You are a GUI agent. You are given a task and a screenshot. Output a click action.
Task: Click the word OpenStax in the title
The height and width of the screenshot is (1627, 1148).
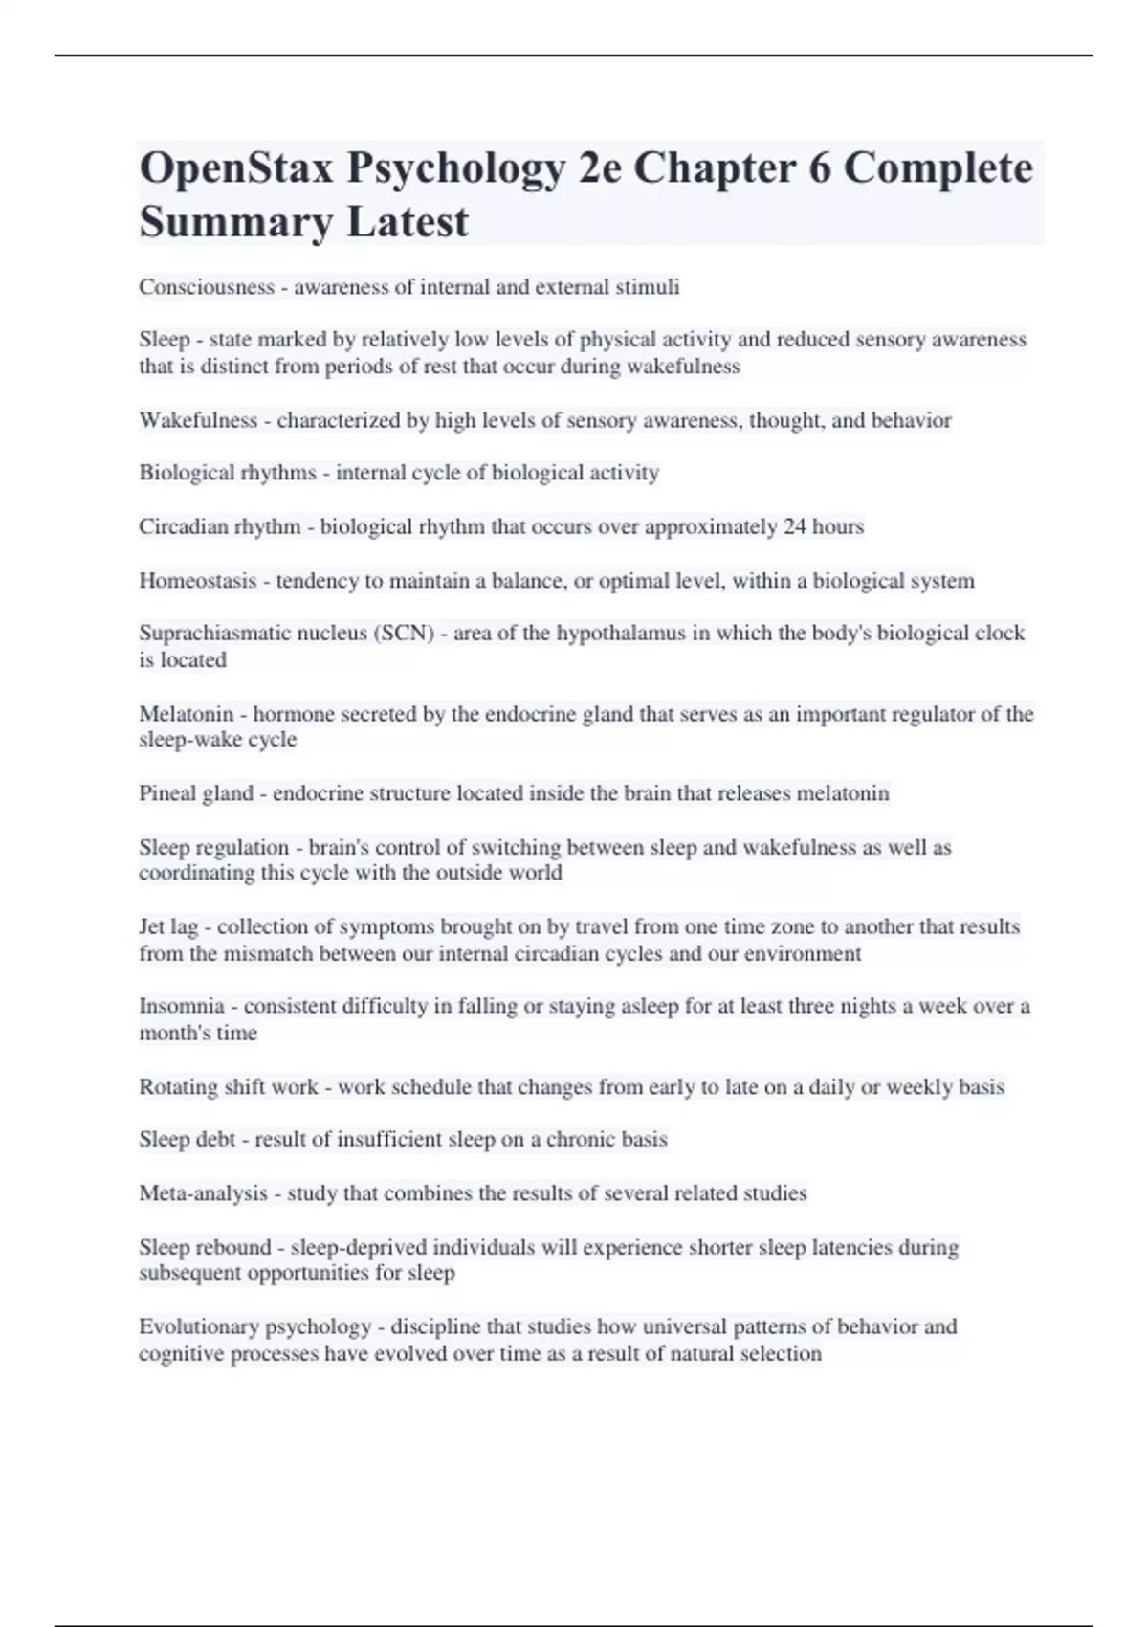236,169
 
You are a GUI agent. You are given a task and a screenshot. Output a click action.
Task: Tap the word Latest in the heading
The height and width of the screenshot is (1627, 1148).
408,223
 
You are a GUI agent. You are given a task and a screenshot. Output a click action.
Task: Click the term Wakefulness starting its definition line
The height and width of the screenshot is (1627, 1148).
198,420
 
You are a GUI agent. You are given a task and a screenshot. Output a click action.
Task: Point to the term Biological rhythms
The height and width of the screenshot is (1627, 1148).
227,473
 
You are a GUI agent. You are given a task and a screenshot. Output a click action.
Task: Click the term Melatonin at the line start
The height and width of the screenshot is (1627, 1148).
186,714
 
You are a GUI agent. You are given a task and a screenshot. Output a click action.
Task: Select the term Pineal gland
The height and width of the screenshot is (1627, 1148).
196,793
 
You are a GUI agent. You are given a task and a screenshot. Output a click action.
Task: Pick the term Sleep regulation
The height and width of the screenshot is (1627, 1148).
213,848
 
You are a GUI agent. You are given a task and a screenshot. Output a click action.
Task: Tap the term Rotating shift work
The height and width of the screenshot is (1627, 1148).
229,1087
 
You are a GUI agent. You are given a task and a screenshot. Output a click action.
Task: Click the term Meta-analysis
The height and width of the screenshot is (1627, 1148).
203,1193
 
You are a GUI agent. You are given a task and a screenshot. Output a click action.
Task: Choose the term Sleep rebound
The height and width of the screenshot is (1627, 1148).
205,1248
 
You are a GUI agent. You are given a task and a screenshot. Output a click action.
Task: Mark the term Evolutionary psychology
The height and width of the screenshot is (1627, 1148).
254,1327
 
